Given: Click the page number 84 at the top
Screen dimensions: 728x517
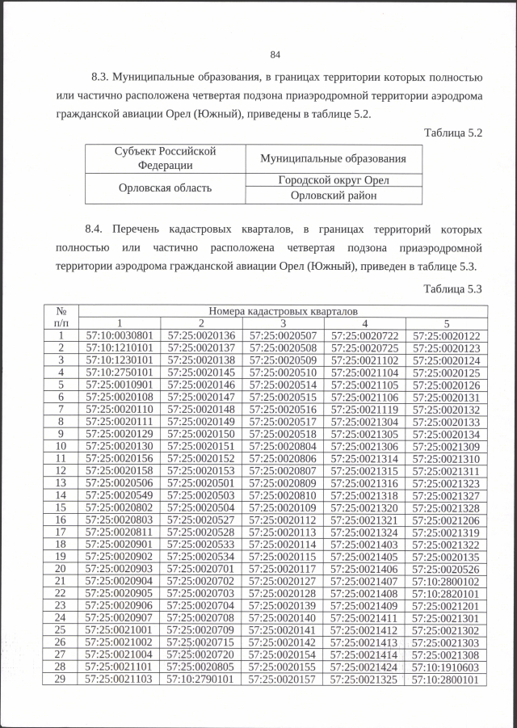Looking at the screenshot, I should [x=275, y=55].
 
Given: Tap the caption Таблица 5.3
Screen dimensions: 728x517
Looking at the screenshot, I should [x=452, y=288].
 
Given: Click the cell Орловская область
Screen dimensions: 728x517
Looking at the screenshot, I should [x=165, y=187].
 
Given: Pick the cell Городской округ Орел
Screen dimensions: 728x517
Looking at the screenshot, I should [x=334, y=180].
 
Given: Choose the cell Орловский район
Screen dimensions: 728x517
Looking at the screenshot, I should [x=334, y=195].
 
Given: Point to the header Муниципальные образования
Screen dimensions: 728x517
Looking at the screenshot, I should [x=334, y=158].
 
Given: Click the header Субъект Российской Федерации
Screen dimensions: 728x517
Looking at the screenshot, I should [x=165, y=158].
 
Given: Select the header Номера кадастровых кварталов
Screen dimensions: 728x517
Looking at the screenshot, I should [x=283, y=310].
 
